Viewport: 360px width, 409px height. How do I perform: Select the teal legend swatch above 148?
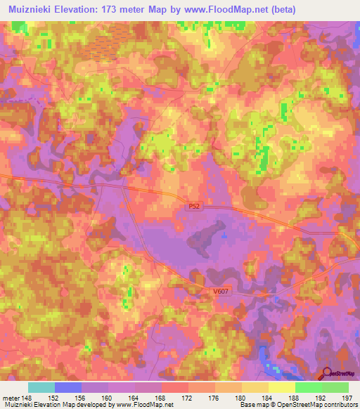click(x=41, y=387)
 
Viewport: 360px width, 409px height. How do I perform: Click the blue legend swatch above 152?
click(x=68, y=387)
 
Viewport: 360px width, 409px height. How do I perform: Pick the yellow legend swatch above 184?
click(x=282, y=387)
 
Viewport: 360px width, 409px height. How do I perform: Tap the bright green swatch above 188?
click(x=309, y=387)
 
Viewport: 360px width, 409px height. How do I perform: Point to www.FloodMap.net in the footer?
click(x=148, y=405)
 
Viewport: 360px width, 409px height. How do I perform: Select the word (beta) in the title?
click(x=281, y=10)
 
